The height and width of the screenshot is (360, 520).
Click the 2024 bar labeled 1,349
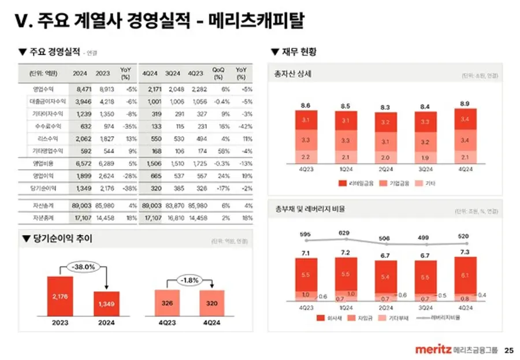point(107,304)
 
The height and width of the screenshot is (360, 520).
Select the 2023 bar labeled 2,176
point(60,296)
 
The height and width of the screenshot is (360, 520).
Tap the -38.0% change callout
point(83,267)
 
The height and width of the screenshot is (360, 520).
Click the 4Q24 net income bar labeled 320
point(212,303)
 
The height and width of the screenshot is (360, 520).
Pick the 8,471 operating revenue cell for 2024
point(80,89)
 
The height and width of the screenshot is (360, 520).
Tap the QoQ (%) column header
point(218,73)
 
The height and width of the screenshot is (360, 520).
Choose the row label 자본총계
point(44,218)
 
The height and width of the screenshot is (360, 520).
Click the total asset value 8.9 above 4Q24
point(466,103)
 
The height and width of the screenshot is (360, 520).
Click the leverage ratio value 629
point(344,233)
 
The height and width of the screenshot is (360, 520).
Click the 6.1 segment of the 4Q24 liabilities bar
point(466,276)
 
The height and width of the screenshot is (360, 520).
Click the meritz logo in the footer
point(433,350)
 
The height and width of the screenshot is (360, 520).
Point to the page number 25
point(508,350)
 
